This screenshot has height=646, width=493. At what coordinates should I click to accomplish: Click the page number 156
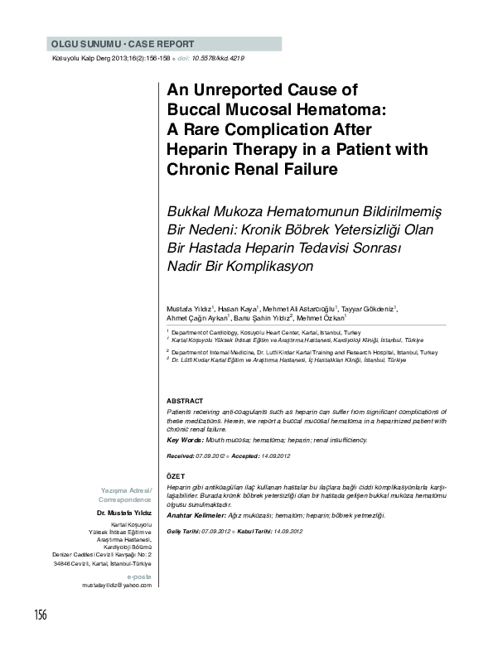point(40,613)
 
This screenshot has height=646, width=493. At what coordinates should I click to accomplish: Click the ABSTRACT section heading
point(185,400)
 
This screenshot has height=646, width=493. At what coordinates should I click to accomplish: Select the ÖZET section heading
point(176,477)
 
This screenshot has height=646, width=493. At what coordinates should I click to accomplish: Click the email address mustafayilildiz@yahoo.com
point(117,585)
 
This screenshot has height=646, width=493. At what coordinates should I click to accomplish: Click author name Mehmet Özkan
point(320,317)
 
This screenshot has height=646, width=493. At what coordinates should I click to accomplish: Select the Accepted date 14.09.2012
point(271,456)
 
